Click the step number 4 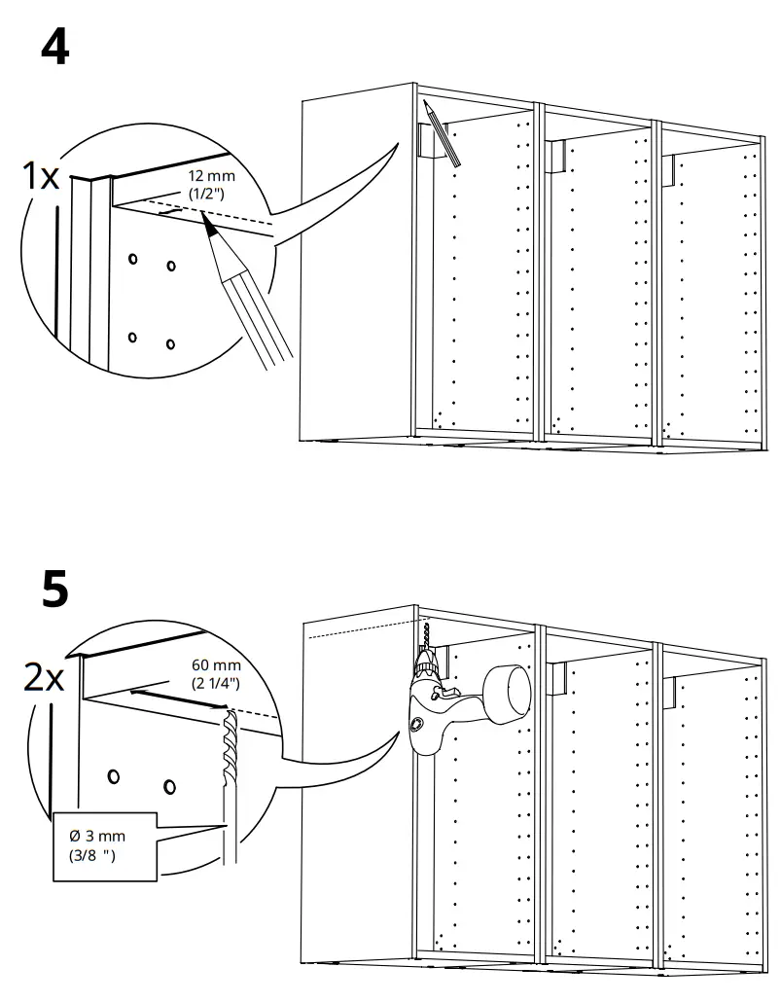(54, 47)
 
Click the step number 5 (55, 592)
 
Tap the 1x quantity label (41, 176)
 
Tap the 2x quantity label (45, 677)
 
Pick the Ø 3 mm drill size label (97, 836)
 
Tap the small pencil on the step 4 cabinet (444, 135)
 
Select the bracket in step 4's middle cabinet (555, 156)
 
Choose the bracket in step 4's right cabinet (671, 168)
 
